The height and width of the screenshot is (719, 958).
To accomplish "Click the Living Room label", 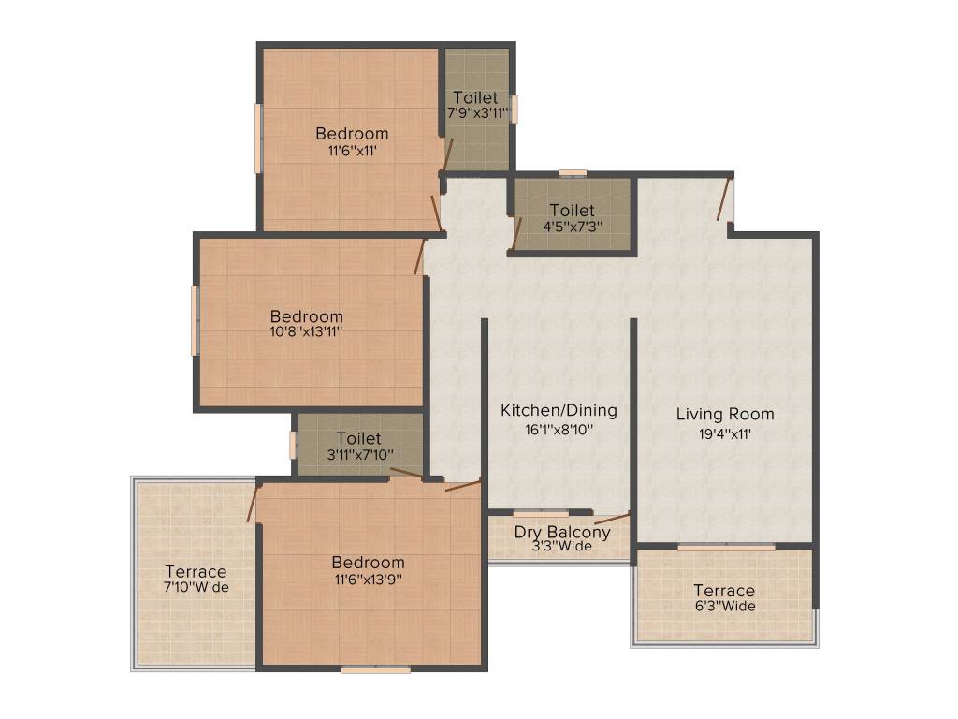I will click(x=725, y=414).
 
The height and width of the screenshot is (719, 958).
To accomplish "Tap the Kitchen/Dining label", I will click(x=559, y=410).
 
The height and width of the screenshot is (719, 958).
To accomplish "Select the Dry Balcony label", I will click(x=562, y=532).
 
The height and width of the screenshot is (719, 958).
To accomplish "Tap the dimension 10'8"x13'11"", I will click(x=306, y=331).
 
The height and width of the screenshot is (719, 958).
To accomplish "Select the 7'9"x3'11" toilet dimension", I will click(x=476, y=113).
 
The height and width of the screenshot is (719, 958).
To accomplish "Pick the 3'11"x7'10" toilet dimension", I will click(x=358, y=455).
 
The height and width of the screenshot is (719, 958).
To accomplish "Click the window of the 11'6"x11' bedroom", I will click(x=258, y=139).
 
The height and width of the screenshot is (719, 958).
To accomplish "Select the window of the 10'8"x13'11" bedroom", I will click(x=195, y=321).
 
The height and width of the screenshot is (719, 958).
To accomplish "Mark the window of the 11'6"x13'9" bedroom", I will click(x=375, y=669).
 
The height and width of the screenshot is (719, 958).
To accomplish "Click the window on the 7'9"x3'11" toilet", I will click(x=514, y=109).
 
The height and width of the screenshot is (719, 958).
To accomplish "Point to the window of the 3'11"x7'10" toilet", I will click(x=293, y=444).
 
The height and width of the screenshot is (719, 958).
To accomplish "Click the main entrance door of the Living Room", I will click(x=724, y=198).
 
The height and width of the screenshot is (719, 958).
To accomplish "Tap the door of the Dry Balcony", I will click(x=612, y=518).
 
